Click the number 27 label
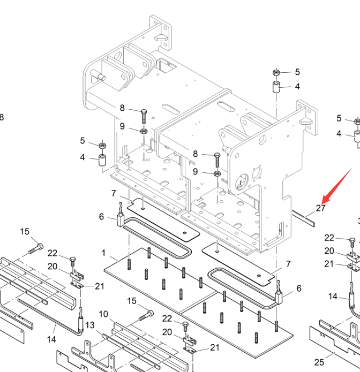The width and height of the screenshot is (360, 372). [321, 208]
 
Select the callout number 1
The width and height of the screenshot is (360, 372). [103, 252]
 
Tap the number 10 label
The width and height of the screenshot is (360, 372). [103, 314]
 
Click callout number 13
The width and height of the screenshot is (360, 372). [90, 325]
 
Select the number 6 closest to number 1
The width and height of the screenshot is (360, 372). [102, 216]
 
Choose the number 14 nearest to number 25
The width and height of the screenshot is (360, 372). [333, 297]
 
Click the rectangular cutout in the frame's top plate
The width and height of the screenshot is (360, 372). [167, 66]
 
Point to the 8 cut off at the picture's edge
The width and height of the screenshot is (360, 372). [2, 117]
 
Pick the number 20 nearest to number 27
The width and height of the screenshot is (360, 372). [329, 250]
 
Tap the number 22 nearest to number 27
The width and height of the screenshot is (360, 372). [329, 238]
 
